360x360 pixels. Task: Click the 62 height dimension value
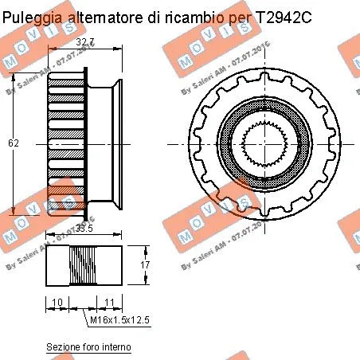pos(13,143)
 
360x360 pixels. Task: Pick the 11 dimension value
pos(108,302)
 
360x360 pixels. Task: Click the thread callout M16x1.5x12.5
pos(119,319)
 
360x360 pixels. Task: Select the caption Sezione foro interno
pos(88,347)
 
